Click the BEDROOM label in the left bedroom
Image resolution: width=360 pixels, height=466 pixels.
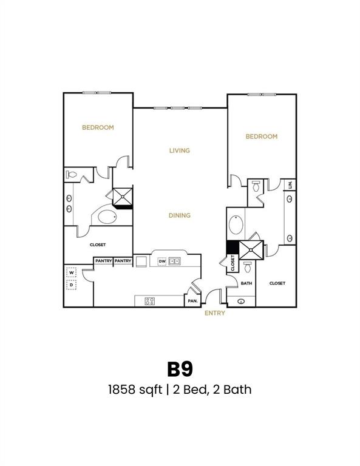(x=98, y=127)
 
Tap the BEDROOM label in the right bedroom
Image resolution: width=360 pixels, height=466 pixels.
(x=261, y=137)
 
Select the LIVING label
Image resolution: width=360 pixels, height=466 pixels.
(x=180, y=150)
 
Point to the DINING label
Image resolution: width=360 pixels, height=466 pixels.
(x=180, y=215)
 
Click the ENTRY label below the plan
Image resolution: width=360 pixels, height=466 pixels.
(x=215, y=313)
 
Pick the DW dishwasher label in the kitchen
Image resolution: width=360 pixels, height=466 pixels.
(x=162, y=262)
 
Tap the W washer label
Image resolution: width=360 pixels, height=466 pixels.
(x=72, y=273)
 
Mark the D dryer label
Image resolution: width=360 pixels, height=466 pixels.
(x=72, y=284)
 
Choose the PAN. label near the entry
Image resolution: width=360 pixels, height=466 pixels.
(x=193, y=300)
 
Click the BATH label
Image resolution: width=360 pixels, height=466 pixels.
(x=246, y=283)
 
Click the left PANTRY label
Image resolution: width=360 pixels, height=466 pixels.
(x=102, y=261)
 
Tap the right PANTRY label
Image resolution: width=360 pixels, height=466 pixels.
(x=123, y=261)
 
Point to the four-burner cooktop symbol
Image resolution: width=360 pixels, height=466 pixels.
(x=149, y=300)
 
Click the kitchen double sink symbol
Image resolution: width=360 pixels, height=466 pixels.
(x=175, y=262)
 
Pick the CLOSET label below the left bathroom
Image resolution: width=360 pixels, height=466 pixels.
(x=98, y=245)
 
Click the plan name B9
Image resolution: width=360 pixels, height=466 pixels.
(x=180, y=369)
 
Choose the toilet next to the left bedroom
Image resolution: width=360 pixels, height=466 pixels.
(x=71, y=175)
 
